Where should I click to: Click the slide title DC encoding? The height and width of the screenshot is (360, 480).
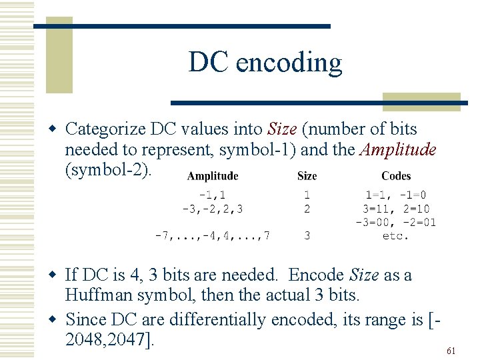tap(265, 63)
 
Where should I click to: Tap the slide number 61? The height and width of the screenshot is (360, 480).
tap(451, 351)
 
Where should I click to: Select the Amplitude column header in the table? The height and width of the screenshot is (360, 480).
tap(213, 176)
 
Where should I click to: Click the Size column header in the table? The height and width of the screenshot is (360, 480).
tap(307, 176)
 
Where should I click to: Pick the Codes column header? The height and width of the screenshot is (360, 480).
tap(396, 176)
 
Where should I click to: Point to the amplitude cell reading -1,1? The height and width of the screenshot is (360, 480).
tap(213, 195)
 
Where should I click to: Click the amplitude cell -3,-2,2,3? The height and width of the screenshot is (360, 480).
tap(213, 209)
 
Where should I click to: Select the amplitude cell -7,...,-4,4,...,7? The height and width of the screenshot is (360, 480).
tap(212, 235)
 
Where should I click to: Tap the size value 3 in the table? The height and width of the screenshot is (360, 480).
tap(307, 235)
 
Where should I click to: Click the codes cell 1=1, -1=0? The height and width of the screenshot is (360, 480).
tap(396, 195)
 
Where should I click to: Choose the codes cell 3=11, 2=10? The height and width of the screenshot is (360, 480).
tap(396, 209)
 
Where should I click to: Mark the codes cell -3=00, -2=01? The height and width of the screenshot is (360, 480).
tap(396, 222)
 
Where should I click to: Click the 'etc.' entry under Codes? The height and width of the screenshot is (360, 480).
tap(396, 235)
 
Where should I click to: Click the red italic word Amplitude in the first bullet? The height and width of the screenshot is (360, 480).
tap(398, 149)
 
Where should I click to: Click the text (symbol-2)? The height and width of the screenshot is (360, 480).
tap(109, 170)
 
